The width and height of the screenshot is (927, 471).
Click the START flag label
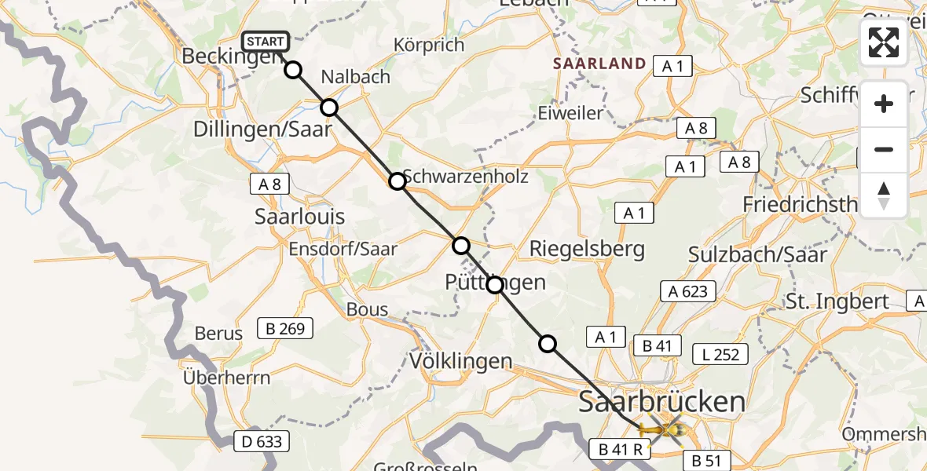pos(266,42)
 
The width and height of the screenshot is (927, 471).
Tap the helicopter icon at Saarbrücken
pos(661,430)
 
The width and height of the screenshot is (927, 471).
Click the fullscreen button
pos(884,42)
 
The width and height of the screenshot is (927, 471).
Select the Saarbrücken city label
pos(661,402)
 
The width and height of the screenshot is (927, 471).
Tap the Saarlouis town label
pos(300,217)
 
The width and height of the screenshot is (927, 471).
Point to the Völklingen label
pos(461,361)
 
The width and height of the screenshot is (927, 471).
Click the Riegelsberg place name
pos(587,250)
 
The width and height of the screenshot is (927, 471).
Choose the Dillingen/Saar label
pos(263,130)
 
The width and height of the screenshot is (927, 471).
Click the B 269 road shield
pos(285,328)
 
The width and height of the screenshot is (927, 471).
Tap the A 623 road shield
pos(687,291)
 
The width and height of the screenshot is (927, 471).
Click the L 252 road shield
pos(721,354)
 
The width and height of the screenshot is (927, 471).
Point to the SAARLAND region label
pos(599,64)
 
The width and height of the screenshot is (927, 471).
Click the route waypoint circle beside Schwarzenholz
pos(398,181)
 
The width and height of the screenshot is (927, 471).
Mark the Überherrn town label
pos(226,378)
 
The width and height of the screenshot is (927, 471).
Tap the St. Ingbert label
pos(837,301)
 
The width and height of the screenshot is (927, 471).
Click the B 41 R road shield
pos(620,449)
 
